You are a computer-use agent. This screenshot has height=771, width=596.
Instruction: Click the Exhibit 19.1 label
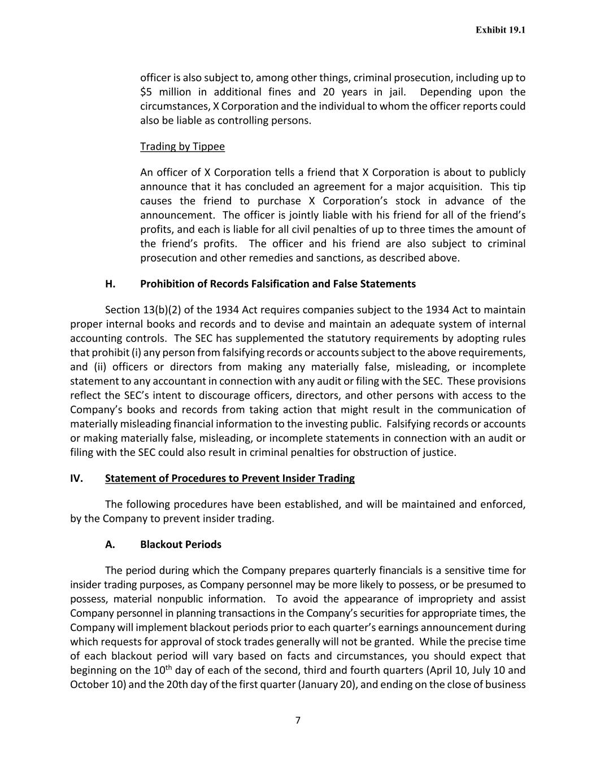coord(500,30)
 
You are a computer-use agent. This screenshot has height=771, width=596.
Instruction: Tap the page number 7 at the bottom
coord(298,720)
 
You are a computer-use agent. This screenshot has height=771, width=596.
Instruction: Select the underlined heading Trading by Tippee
coord(182,147)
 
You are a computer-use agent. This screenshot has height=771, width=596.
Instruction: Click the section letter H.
coord(110,284)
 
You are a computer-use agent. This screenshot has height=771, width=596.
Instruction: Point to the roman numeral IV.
coord(76,478)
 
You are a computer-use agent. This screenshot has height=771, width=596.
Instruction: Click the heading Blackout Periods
coord(181,545)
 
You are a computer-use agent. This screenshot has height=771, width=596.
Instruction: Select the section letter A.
coord(110,545)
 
